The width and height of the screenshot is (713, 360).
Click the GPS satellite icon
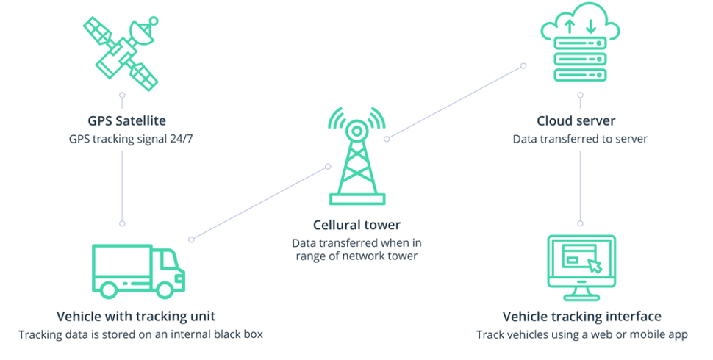[122, 51]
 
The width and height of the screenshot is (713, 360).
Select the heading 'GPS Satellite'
[122, 121]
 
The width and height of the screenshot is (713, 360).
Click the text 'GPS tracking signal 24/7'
[122, 138]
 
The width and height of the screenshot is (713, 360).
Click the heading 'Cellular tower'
[356, 224]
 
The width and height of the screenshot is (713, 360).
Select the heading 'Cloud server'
[580, 121]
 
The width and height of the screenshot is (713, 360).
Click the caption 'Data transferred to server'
[580, 138]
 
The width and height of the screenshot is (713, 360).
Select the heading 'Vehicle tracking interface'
[581, 317]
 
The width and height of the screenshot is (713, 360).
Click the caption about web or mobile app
[581, 334]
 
